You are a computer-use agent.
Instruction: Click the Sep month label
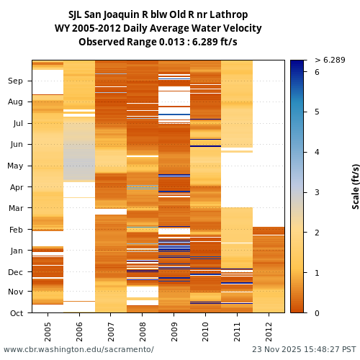[16, 81]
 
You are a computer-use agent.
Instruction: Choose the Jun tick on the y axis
[16, 145]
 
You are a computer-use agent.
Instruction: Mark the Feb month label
[16, 230]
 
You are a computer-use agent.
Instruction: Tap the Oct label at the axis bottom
[16, 313]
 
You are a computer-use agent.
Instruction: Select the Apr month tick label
[16, 187]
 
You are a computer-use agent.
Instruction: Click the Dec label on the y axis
[16, 272]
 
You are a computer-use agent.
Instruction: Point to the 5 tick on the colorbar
[317, 112]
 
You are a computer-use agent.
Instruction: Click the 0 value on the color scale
[317, 313]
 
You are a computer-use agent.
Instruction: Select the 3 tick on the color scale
[317, 193]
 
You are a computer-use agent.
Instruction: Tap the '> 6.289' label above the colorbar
[330, 60]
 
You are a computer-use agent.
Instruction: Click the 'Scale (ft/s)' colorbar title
[355, 186]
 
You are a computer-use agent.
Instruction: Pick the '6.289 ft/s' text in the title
[212, 42]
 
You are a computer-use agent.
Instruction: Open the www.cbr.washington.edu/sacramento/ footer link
[78, 350]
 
